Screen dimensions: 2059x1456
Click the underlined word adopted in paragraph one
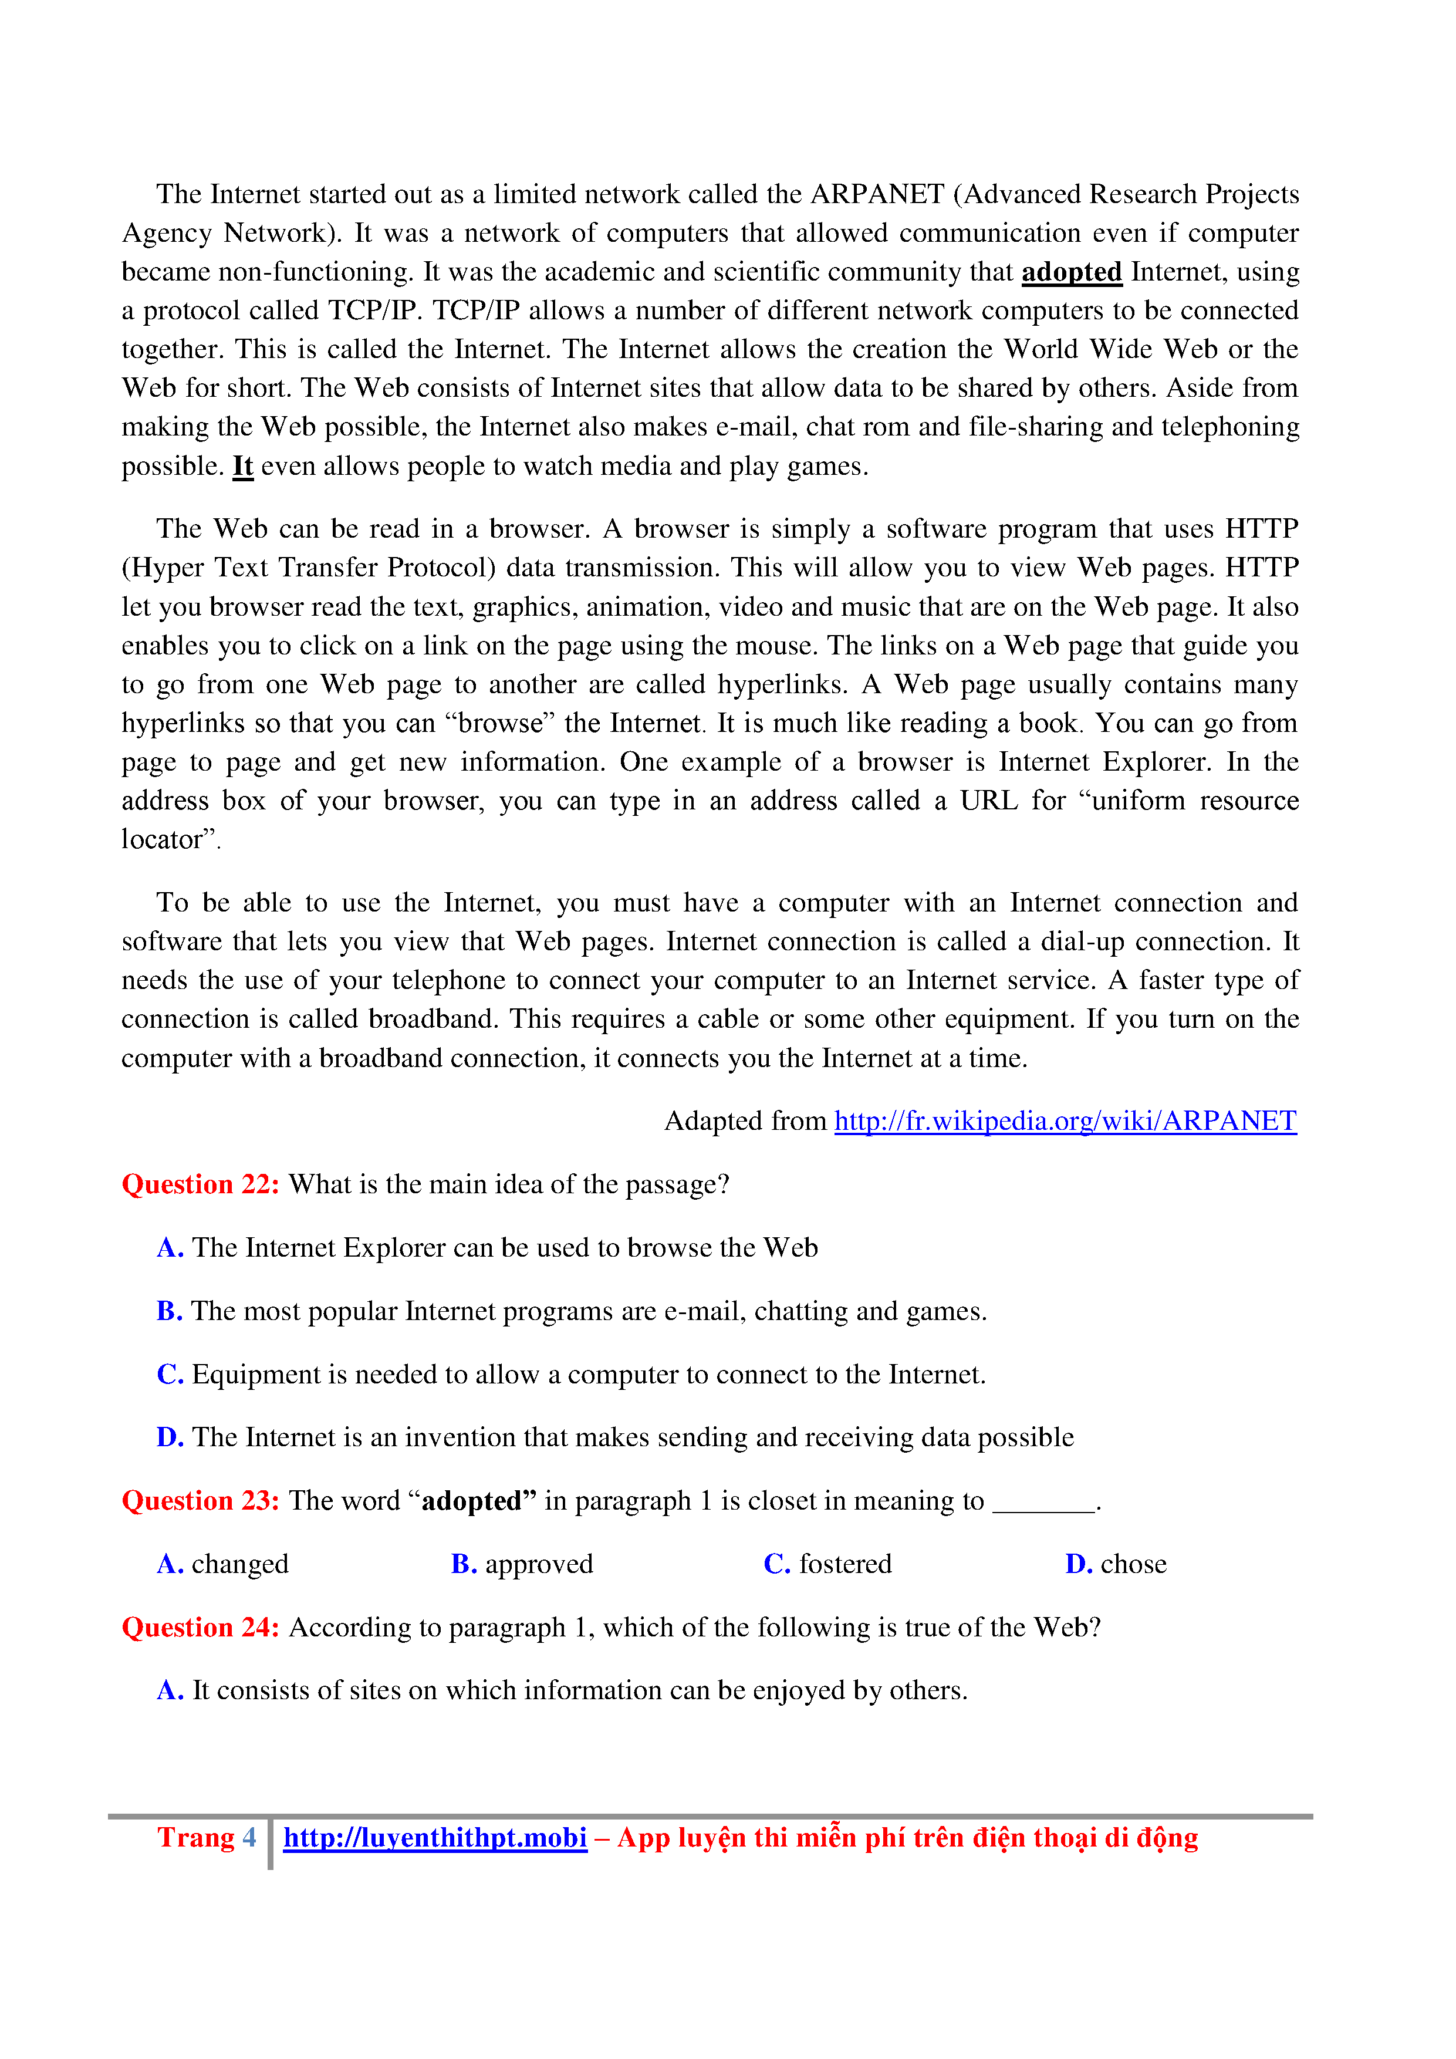(1072, 272)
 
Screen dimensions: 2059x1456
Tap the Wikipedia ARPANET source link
(1065, 1121)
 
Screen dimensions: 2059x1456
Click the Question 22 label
(201, 1184)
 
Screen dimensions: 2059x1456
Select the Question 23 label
(201, 1501)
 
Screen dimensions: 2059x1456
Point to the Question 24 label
(201, 1628)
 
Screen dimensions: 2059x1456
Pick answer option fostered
(844, 1565)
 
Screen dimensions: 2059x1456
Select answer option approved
(539, 1565)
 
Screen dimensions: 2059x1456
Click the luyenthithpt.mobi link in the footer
(435, 1838)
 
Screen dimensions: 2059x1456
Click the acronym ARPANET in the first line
(877, 195)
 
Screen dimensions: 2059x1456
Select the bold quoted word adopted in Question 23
(479, 1501)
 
